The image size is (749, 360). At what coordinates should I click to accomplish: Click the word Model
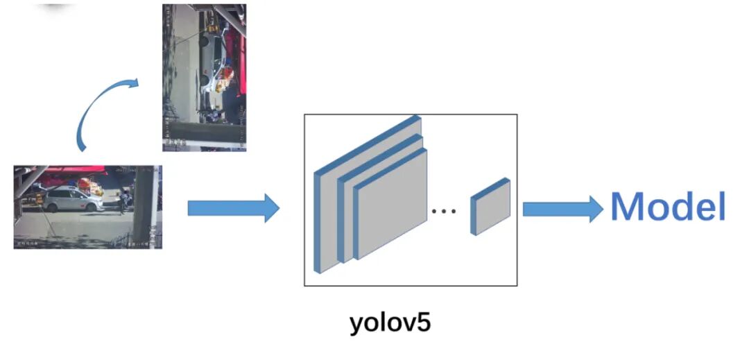pyautogui.click(x=668, y=207)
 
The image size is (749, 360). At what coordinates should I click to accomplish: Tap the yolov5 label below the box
pyautogui.click(x=390, y=323)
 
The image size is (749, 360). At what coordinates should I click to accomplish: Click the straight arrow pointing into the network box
pyautogui.click(x=232, y=208)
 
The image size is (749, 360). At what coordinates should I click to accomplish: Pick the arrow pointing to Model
pyautogui.click(x=562, y=209)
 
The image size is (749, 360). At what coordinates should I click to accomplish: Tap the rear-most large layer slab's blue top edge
pyautogui.click(x=368, y=143)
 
